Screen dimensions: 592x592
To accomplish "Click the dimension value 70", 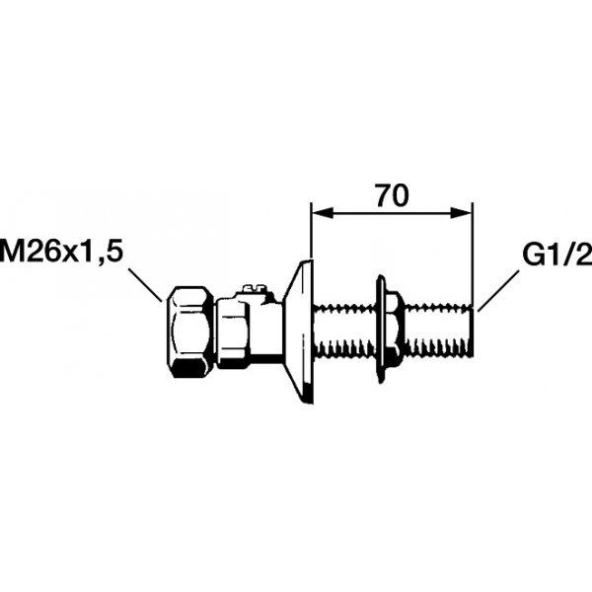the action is point(393,196).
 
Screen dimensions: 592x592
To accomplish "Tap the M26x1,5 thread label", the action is point(61,251).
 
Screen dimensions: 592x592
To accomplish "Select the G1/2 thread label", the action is point(557,255).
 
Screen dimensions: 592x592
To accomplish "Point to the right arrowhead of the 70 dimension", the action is point(461,212).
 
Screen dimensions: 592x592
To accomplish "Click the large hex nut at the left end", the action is point(189,332).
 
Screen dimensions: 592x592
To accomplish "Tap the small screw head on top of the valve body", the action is point(254,289).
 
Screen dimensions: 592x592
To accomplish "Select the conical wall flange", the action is point(300,332).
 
